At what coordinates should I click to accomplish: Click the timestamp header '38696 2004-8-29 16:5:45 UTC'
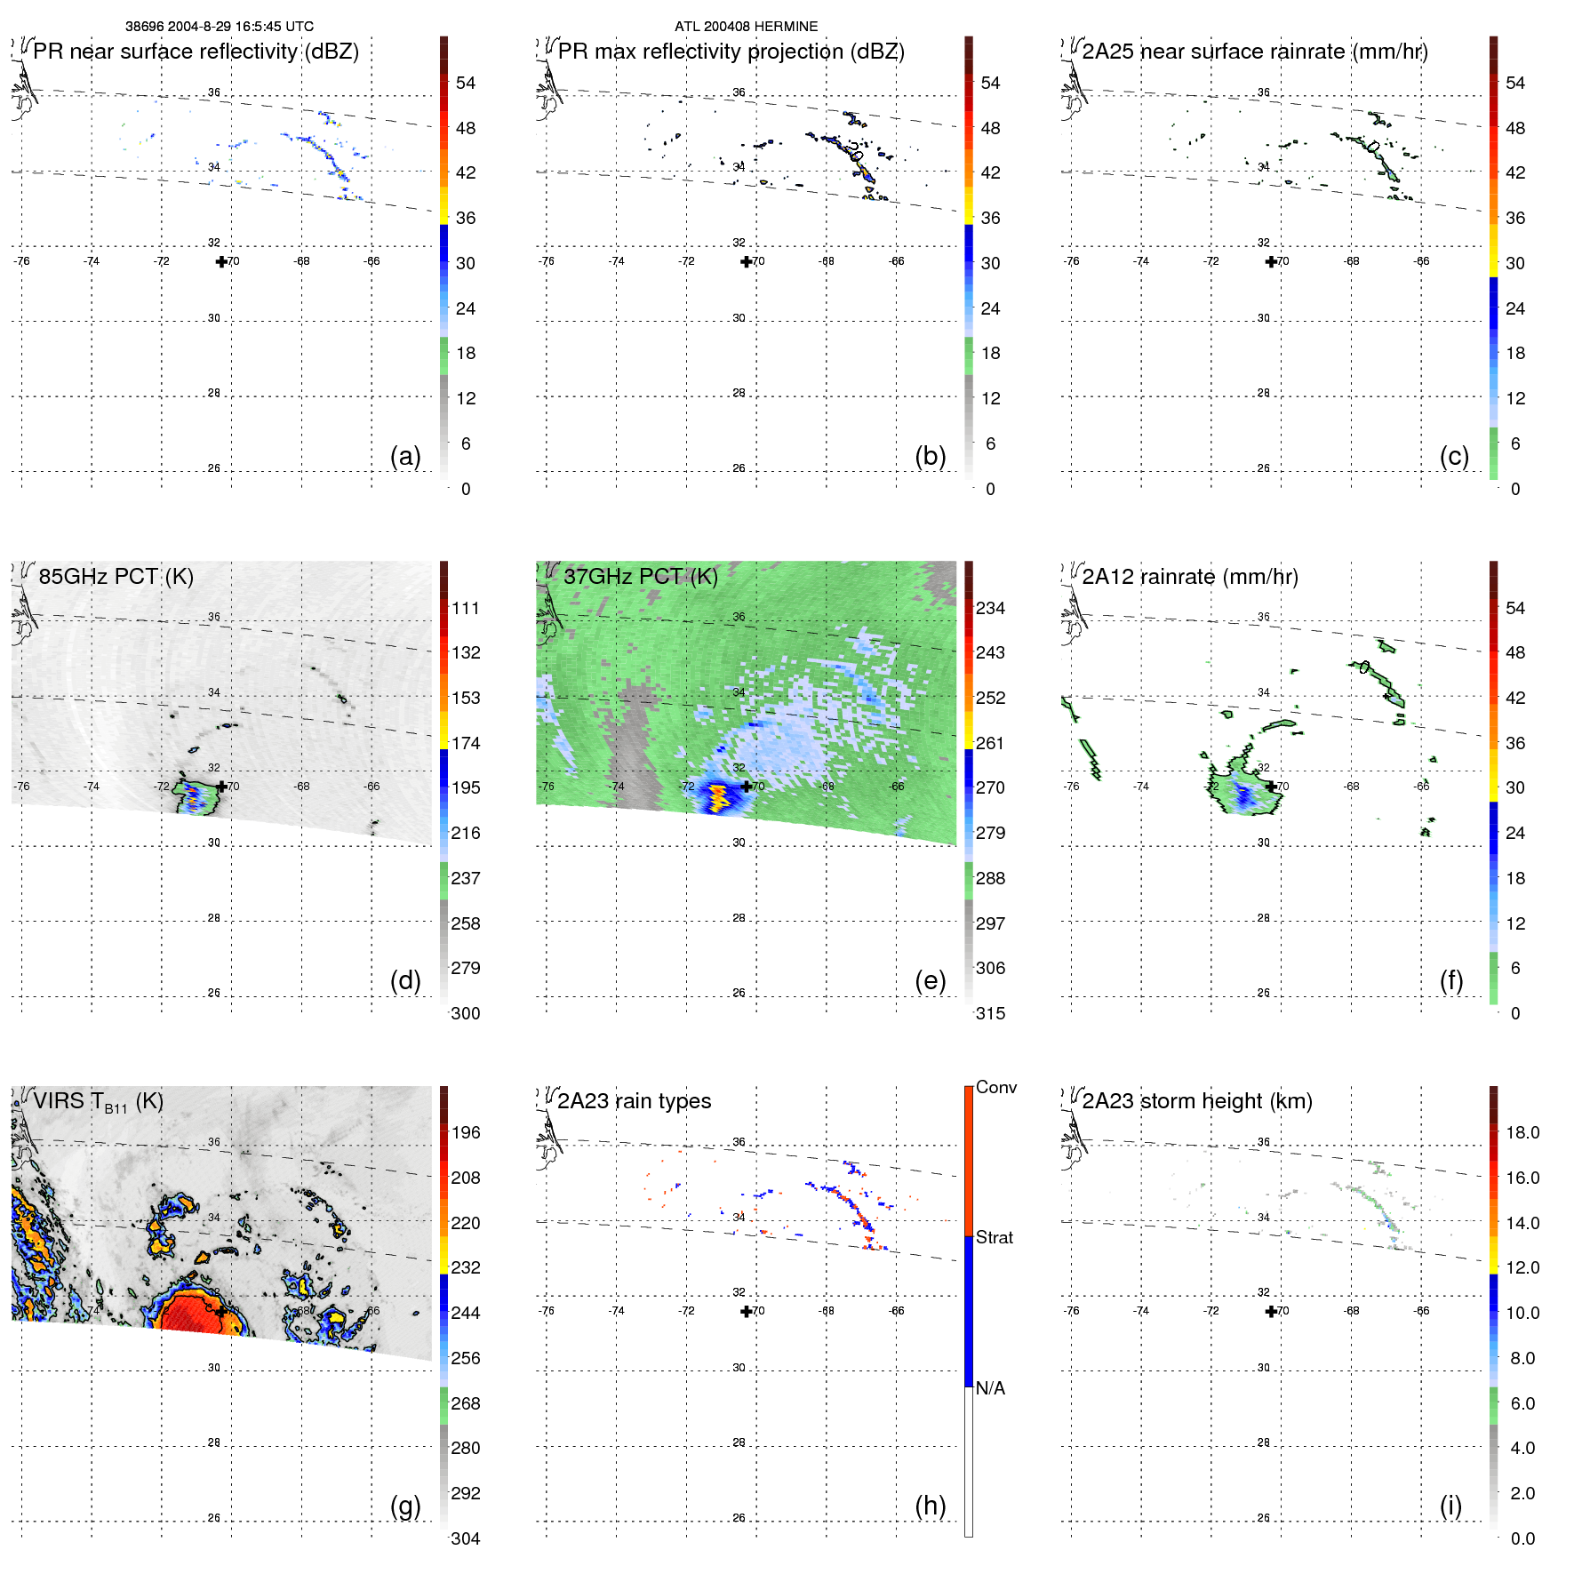click(219, 27)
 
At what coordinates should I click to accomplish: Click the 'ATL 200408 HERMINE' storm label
click(746, 27)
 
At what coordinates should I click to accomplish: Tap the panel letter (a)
click(405, 456)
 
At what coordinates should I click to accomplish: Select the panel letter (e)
click(930, 980)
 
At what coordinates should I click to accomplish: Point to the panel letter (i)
click(1450, 1506)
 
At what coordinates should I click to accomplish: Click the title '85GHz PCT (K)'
click(116, 576)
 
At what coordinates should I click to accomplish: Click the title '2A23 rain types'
click(634, 1101)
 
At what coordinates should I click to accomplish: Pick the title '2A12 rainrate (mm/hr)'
click(1190, 576)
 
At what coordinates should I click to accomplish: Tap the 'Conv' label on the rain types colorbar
click(995, 1087)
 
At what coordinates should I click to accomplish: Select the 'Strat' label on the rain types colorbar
click(994, 1237)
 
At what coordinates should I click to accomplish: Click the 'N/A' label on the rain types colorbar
click(990, 1388)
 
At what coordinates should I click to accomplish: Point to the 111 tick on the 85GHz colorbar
click(466, 608)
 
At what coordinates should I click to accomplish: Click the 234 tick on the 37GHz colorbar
click(990, 608)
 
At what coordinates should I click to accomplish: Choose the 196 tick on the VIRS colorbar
click(466, 1132)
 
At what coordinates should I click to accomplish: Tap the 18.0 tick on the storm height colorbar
click(1522, 1132)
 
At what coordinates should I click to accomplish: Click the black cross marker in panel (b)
click(747, 261)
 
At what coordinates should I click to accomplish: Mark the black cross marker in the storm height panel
click(1271, 1311)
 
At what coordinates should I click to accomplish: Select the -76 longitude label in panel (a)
click(21, 261)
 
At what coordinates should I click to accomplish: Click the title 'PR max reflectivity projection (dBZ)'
click(731, 52)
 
